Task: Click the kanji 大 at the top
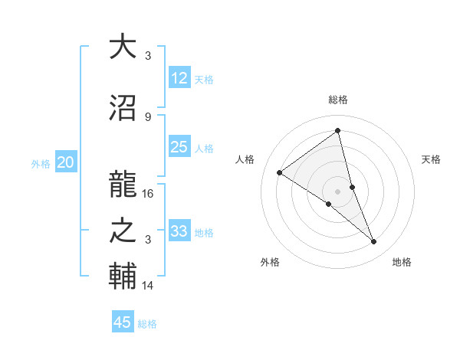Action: [123, 47]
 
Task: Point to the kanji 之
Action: [123, 231]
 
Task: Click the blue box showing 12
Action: [179, 78]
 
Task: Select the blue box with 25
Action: [179, 147]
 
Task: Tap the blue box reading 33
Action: [179, 231]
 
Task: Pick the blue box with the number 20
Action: [65, 162]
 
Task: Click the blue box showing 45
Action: [123, 322]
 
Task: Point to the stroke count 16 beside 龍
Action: [149, 193]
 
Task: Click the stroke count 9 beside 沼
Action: [148, 116]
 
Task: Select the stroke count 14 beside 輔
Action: [149, 286]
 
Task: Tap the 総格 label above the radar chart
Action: [338, 100]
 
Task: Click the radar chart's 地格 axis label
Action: [402, 262]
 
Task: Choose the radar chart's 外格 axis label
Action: [270, 262]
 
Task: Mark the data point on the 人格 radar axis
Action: [280, 172]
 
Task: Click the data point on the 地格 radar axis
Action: [374, 242]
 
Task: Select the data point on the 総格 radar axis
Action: [338, 130]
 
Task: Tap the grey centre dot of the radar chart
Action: [338, 191]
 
